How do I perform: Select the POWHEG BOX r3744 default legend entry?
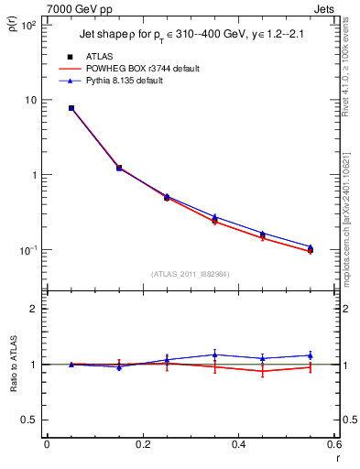tap(141, 69)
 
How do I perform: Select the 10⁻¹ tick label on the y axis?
tap(27, 250)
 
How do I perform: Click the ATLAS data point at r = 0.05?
tap(71, 108)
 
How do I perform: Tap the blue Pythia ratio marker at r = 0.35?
tap(215, 354)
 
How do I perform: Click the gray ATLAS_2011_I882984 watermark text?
tap(191, 274)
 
